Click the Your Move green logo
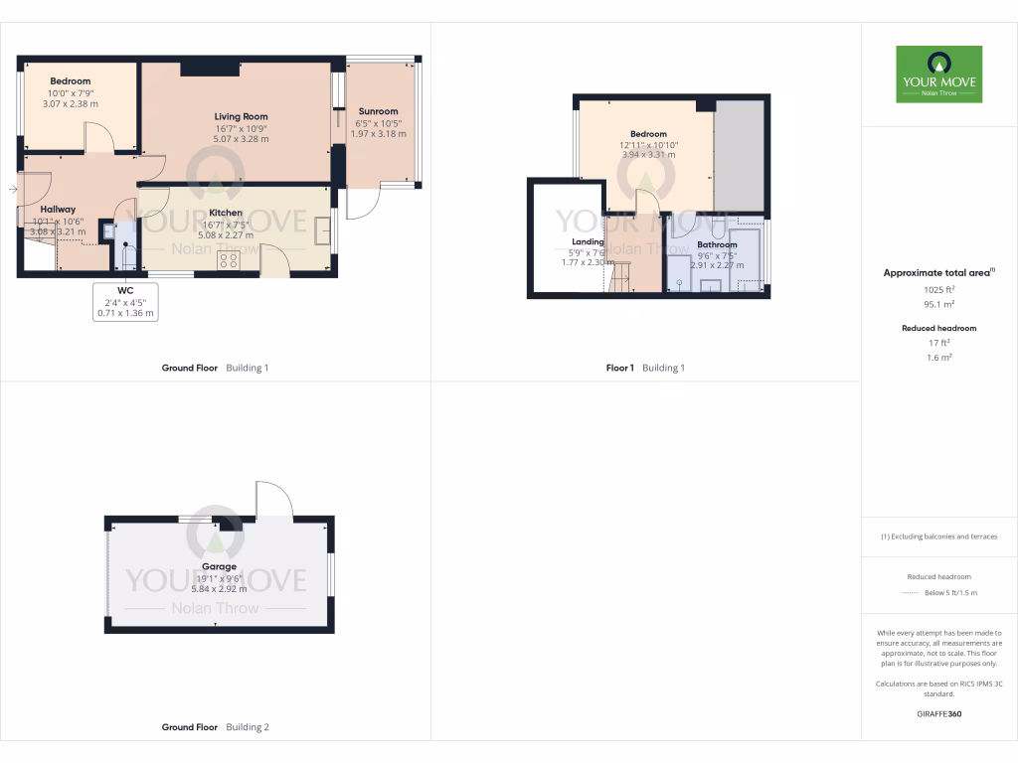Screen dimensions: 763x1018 938,74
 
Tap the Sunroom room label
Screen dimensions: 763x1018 378,111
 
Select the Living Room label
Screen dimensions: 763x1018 242,116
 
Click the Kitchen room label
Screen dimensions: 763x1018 226,213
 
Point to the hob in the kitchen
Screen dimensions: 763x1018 228,261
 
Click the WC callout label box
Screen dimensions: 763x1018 125,301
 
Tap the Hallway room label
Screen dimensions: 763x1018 58,210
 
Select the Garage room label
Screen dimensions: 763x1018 219,567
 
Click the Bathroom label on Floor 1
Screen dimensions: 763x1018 717,244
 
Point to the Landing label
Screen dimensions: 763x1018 588,241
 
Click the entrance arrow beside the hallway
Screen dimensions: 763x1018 11,188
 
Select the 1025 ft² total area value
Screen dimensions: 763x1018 938,290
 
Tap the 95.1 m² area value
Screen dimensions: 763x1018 938,305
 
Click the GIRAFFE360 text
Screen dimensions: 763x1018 938,713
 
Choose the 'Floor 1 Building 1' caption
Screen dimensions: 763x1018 645,368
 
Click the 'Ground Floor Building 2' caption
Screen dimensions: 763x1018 215,727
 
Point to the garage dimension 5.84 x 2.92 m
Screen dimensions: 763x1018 219,589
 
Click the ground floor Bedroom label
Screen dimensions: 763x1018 71,81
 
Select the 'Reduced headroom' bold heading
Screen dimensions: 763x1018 938,328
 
